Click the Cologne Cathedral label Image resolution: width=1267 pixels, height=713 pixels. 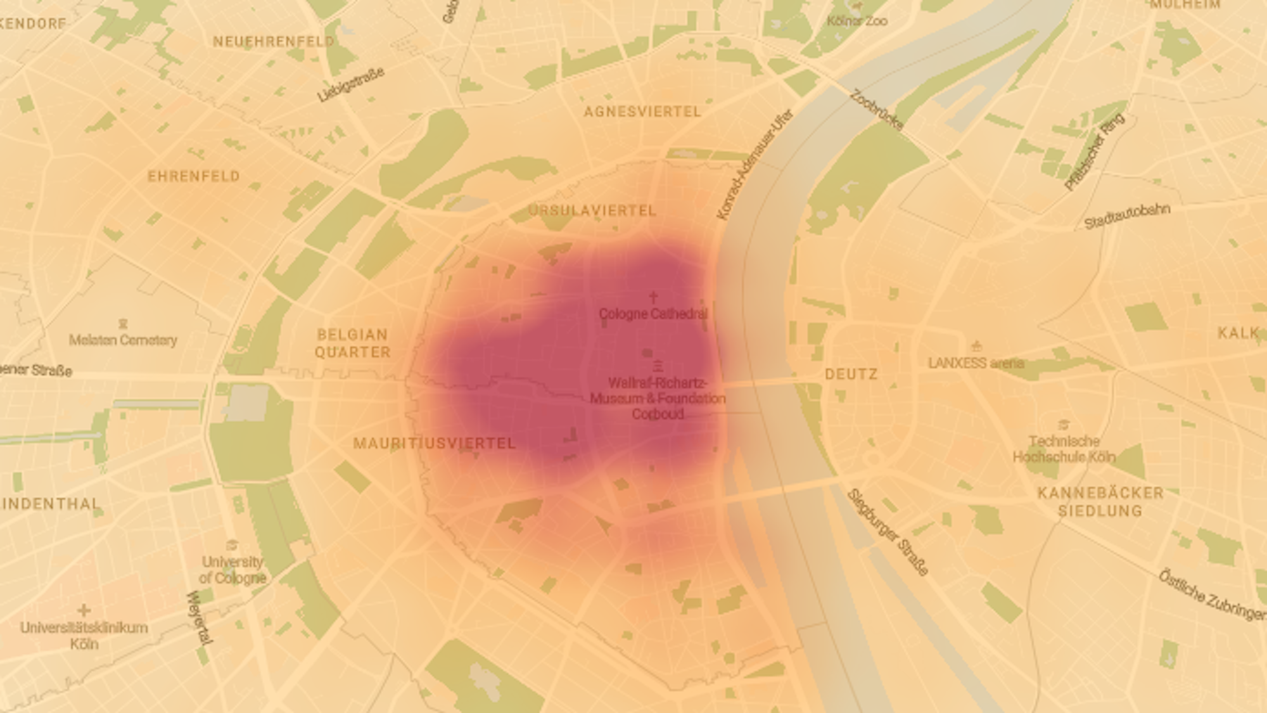(x=653, y=314)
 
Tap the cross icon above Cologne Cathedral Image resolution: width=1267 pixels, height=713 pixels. (x=653, y=297)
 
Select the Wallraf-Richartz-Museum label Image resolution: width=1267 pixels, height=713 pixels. (x=658, y=399)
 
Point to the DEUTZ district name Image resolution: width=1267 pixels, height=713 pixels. (x=851, y=375)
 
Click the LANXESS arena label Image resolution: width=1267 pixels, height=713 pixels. (x=976, y=363)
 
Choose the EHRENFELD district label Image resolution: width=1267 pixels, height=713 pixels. (x=194, y=176)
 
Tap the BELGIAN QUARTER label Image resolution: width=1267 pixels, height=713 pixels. (x=353, y=343)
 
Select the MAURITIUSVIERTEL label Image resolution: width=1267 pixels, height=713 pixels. (x=435, y=444)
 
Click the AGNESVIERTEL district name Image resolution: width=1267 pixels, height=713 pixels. (x=642, y=112)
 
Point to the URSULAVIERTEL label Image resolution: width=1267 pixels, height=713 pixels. (x=592, y=210)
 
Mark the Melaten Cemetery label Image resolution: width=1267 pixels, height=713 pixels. (x=123, y=340)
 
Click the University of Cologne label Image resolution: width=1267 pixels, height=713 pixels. (x=232, y=570)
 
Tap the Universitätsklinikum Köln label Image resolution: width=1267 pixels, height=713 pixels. (x=84, y=636)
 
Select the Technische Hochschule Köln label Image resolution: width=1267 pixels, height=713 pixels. (x=1064, y=449)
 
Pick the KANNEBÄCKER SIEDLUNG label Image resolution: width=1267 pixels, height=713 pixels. (x=1100, y=501)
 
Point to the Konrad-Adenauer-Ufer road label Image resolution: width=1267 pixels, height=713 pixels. (x=754, y=165)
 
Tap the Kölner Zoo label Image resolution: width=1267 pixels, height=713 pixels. (x=857, y=21)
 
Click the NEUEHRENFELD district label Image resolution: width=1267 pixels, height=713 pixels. (x=274, y=42)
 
